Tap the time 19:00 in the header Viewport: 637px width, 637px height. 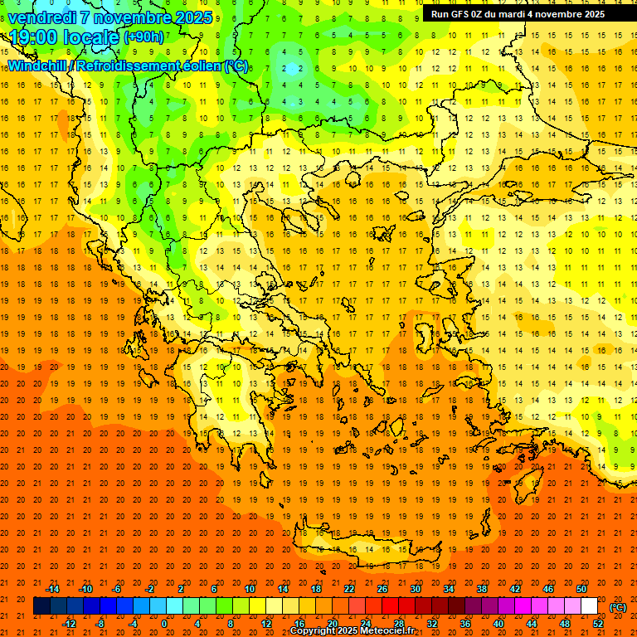point(34,37)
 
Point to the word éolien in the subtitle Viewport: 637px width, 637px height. point(197,66)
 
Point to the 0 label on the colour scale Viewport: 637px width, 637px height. point(163,623)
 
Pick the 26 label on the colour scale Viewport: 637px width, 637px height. point(382,589)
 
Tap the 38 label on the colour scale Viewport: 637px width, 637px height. point(482,589)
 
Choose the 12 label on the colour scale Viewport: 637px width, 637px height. point(266,623)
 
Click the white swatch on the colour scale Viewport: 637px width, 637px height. point(589,606)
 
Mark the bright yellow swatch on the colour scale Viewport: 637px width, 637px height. point(257,606)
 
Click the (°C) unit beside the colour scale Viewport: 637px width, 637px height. point(618,606)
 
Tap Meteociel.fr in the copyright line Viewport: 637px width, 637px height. point(395,631)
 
